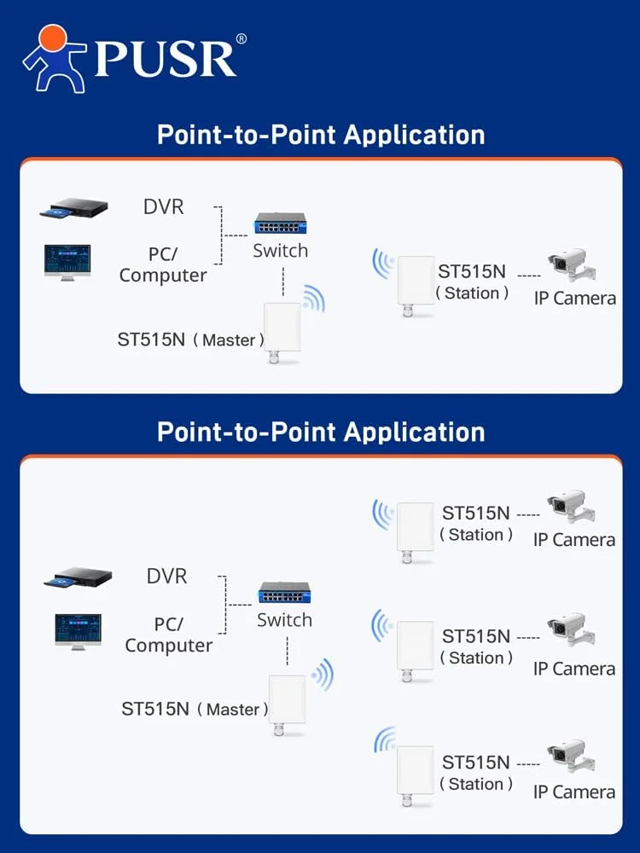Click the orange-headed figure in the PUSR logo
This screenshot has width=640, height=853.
pyautogui.click(x=53, y=57)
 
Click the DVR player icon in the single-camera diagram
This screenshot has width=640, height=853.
pyautogui.click(x=75, y=210)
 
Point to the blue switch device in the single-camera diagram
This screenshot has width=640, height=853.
pyautogui.click(x=280, y=226)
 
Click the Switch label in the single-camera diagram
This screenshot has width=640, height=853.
pyautogui.click(x=281, y=251)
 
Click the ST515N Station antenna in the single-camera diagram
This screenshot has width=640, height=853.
pyautogui.click(x=415, y=285)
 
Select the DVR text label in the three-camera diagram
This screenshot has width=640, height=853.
pyautogui.click(x=166, y=576)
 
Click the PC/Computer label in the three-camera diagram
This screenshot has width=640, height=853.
pyautogui.click(x=169, y=635)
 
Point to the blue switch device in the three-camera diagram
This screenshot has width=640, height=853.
pyautogui.click(x=284, y=595)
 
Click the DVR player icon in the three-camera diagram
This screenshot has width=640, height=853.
pyautogui.click(x=79, y=580)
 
